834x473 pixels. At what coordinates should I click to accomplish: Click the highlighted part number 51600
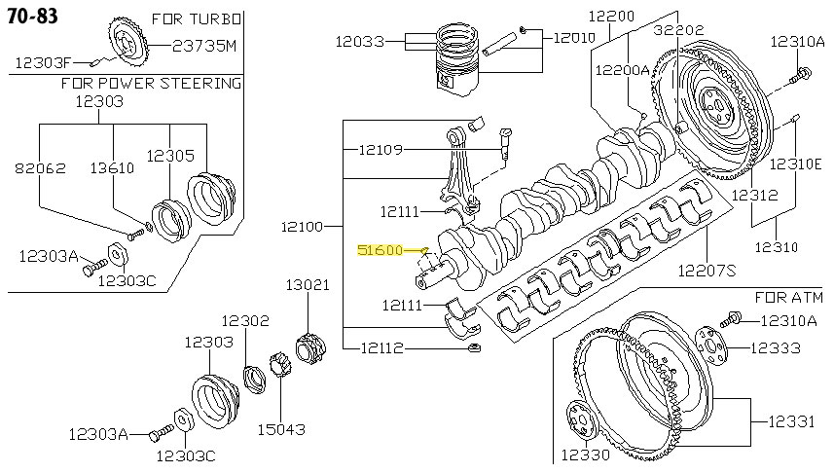tap(381, 250)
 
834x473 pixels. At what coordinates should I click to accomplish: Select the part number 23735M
tap(204, 45)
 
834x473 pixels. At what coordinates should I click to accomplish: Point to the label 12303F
tap(42, 62)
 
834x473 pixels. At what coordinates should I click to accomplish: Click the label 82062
tap(40, 167)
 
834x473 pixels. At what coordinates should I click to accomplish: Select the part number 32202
tap(678, 30)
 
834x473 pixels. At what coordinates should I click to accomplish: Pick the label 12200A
tap(622, 69)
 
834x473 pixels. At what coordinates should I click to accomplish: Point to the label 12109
tap(380, 150)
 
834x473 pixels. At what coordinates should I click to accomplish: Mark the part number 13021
tap(308, 285)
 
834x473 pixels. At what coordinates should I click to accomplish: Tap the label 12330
tap(583, 455)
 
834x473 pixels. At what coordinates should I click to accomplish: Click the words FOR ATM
tap(789, 295)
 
